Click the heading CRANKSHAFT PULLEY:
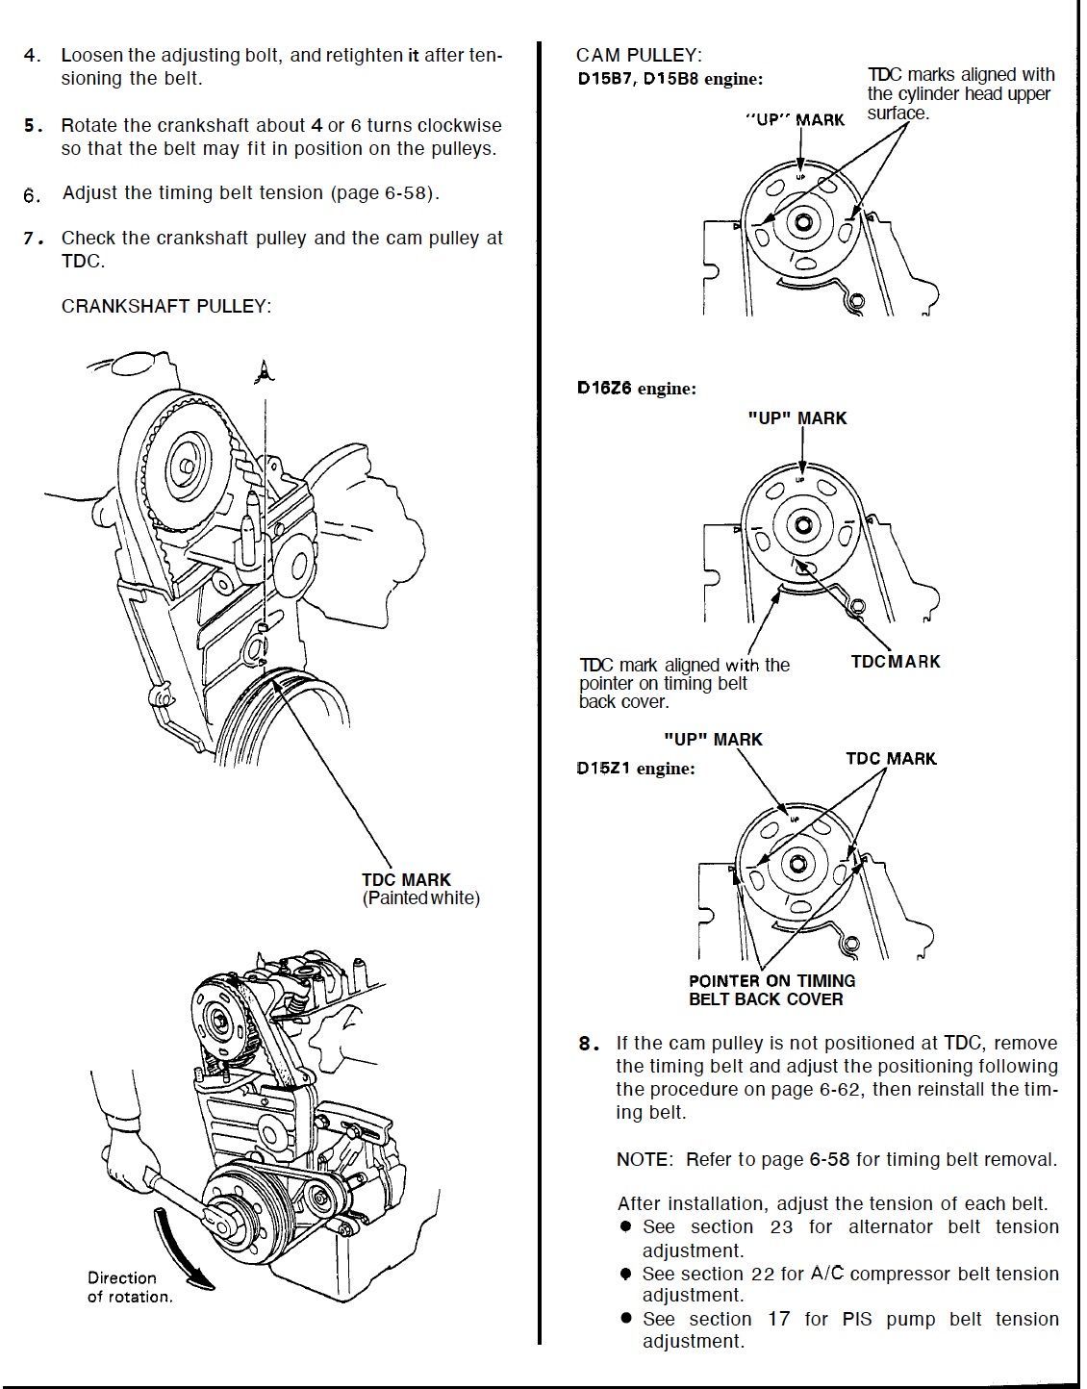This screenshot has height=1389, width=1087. tap(166, 306)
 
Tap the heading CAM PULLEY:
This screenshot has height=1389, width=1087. tap(638, 55)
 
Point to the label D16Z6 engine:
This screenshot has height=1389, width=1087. tap(637, 389)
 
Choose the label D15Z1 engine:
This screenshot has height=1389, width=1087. tap(635, 769)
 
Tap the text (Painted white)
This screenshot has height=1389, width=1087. tap(420, 898)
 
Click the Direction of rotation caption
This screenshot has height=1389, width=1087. tap(129, 1287)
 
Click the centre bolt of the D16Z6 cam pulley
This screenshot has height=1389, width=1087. tap(802, 524)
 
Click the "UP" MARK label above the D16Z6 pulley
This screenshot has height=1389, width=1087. tap(797, 418)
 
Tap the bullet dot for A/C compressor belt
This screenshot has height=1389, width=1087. tap(625, 1274)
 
